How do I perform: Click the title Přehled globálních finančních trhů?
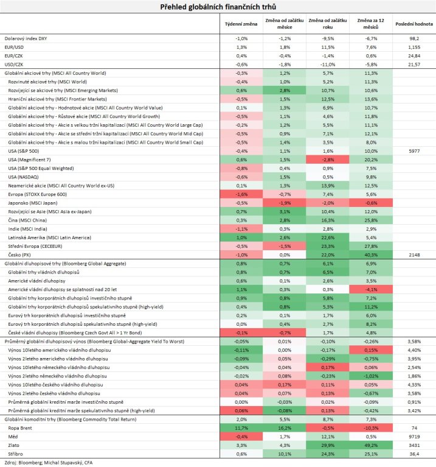(x=218, y=7)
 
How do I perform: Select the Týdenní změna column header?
(x=241, y=24)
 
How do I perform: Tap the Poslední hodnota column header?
(x=414, y=24)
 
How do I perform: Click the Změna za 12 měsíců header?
(x=370, y=24)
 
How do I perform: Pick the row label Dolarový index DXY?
(x=26, y=38)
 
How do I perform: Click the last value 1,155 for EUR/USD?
(x=414, y=47)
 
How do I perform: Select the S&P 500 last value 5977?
(x=414, y=151)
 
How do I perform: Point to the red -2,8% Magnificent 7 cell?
(x=327, y=160)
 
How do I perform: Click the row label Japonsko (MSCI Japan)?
(x=33, y=203)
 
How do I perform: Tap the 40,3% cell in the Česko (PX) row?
(x=371, y=255)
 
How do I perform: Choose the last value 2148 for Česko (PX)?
(x=414, y=255)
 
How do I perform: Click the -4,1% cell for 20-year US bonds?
(x=371, y=289)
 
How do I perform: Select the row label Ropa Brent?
(x=20, y=428)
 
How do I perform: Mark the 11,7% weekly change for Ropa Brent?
(x=241, y=428)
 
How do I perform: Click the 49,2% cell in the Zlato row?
(x=371, y=445)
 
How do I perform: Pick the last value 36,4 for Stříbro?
(x=414, y=454)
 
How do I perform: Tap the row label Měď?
(x=13, y=437)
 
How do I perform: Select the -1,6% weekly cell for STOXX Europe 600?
(x=241, y=194)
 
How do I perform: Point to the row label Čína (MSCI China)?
(x=27, y=220)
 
